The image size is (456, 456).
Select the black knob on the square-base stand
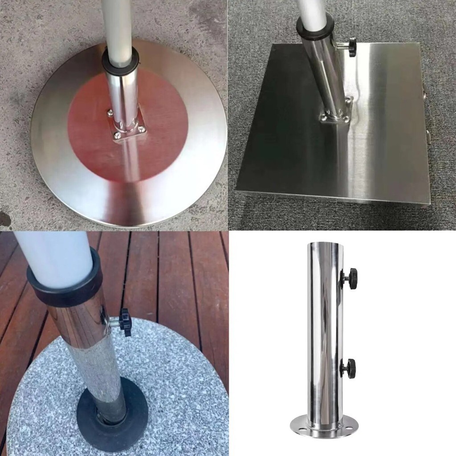(352, 47)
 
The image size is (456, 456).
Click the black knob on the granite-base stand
(125, 322)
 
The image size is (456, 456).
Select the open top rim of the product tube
(325, 244)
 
